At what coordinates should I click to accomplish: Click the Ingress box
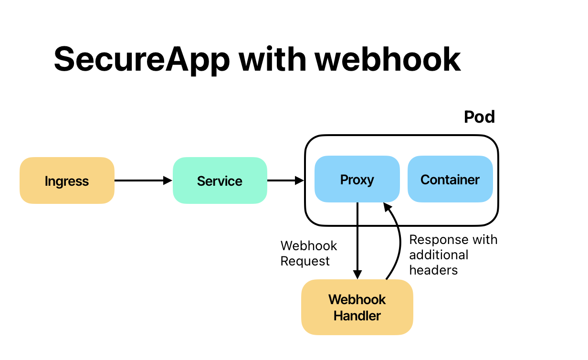[x=67, y=180]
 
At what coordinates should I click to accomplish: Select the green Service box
[x=220, y=180]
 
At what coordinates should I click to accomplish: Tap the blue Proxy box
[x=357, y=179]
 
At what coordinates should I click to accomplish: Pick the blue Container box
[x=450, y=179]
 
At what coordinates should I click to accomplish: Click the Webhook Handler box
[x=357, y=307]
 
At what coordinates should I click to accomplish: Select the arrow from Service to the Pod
[x=284, y=180]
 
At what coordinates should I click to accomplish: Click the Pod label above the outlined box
[x=479, y=117]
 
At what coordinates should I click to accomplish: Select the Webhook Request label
[x=308, y=254]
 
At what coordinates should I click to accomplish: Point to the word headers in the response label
[x=433, y=270]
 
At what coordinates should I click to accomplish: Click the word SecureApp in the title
[x=142, y=59]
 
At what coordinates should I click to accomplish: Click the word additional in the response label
[x=439, y=255]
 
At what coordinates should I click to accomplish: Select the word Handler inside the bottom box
[x=357, y=316]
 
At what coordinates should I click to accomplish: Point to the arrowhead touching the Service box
[x=168, y=180]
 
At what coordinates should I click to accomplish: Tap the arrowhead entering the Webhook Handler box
[x=357, y=275]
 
